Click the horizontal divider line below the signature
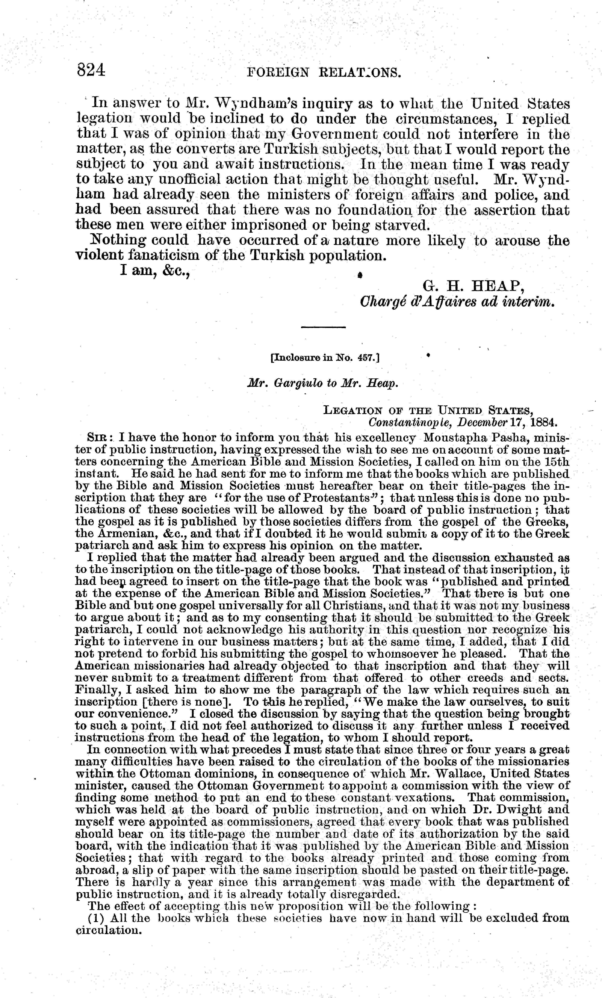(x=323, y=327)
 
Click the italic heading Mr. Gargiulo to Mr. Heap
(x=323, y=383)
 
